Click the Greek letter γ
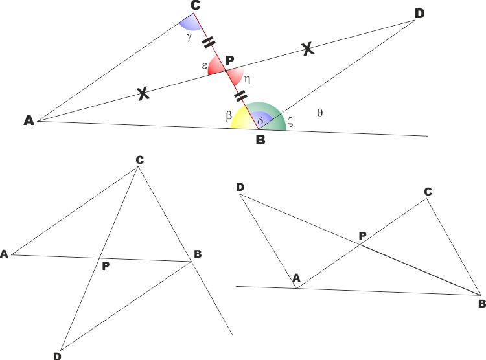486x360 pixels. pos(189,38)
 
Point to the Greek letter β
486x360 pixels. pos(229,116)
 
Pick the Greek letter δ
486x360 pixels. pos(260,120)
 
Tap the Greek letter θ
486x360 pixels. pos(320,113)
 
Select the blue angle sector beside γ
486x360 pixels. pos(189,24)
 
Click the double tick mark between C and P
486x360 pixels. pos(208,43)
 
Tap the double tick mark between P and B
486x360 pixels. pos(241,96)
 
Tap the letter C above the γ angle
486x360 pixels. pos(195,6)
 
